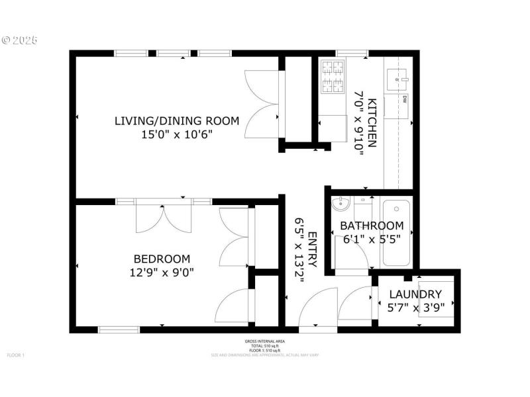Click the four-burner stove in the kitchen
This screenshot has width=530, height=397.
[x=333, y=77]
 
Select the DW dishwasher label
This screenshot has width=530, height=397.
[x=403, y=100]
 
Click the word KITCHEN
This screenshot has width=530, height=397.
[x=372, y=122]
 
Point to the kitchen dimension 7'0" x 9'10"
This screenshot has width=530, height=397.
[x=359, y=122]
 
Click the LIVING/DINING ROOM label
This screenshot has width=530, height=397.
[x=176, y=120]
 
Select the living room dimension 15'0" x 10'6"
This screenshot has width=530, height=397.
[x=176, y=134]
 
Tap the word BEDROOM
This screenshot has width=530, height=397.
[x=162, y=259]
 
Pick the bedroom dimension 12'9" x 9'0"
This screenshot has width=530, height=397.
[x=162, y=272]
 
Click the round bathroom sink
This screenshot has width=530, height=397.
[x=339, y=202]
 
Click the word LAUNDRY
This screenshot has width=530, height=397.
[x=415, y=294]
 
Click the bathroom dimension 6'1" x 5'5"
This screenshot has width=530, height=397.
[x=371, y=239]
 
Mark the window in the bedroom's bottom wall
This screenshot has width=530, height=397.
[x=119, y=329]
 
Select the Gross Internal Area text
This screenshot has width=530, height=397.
[x=264, y=341]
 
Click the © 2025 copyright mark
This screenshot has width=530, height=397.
[x=20, y=40]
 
